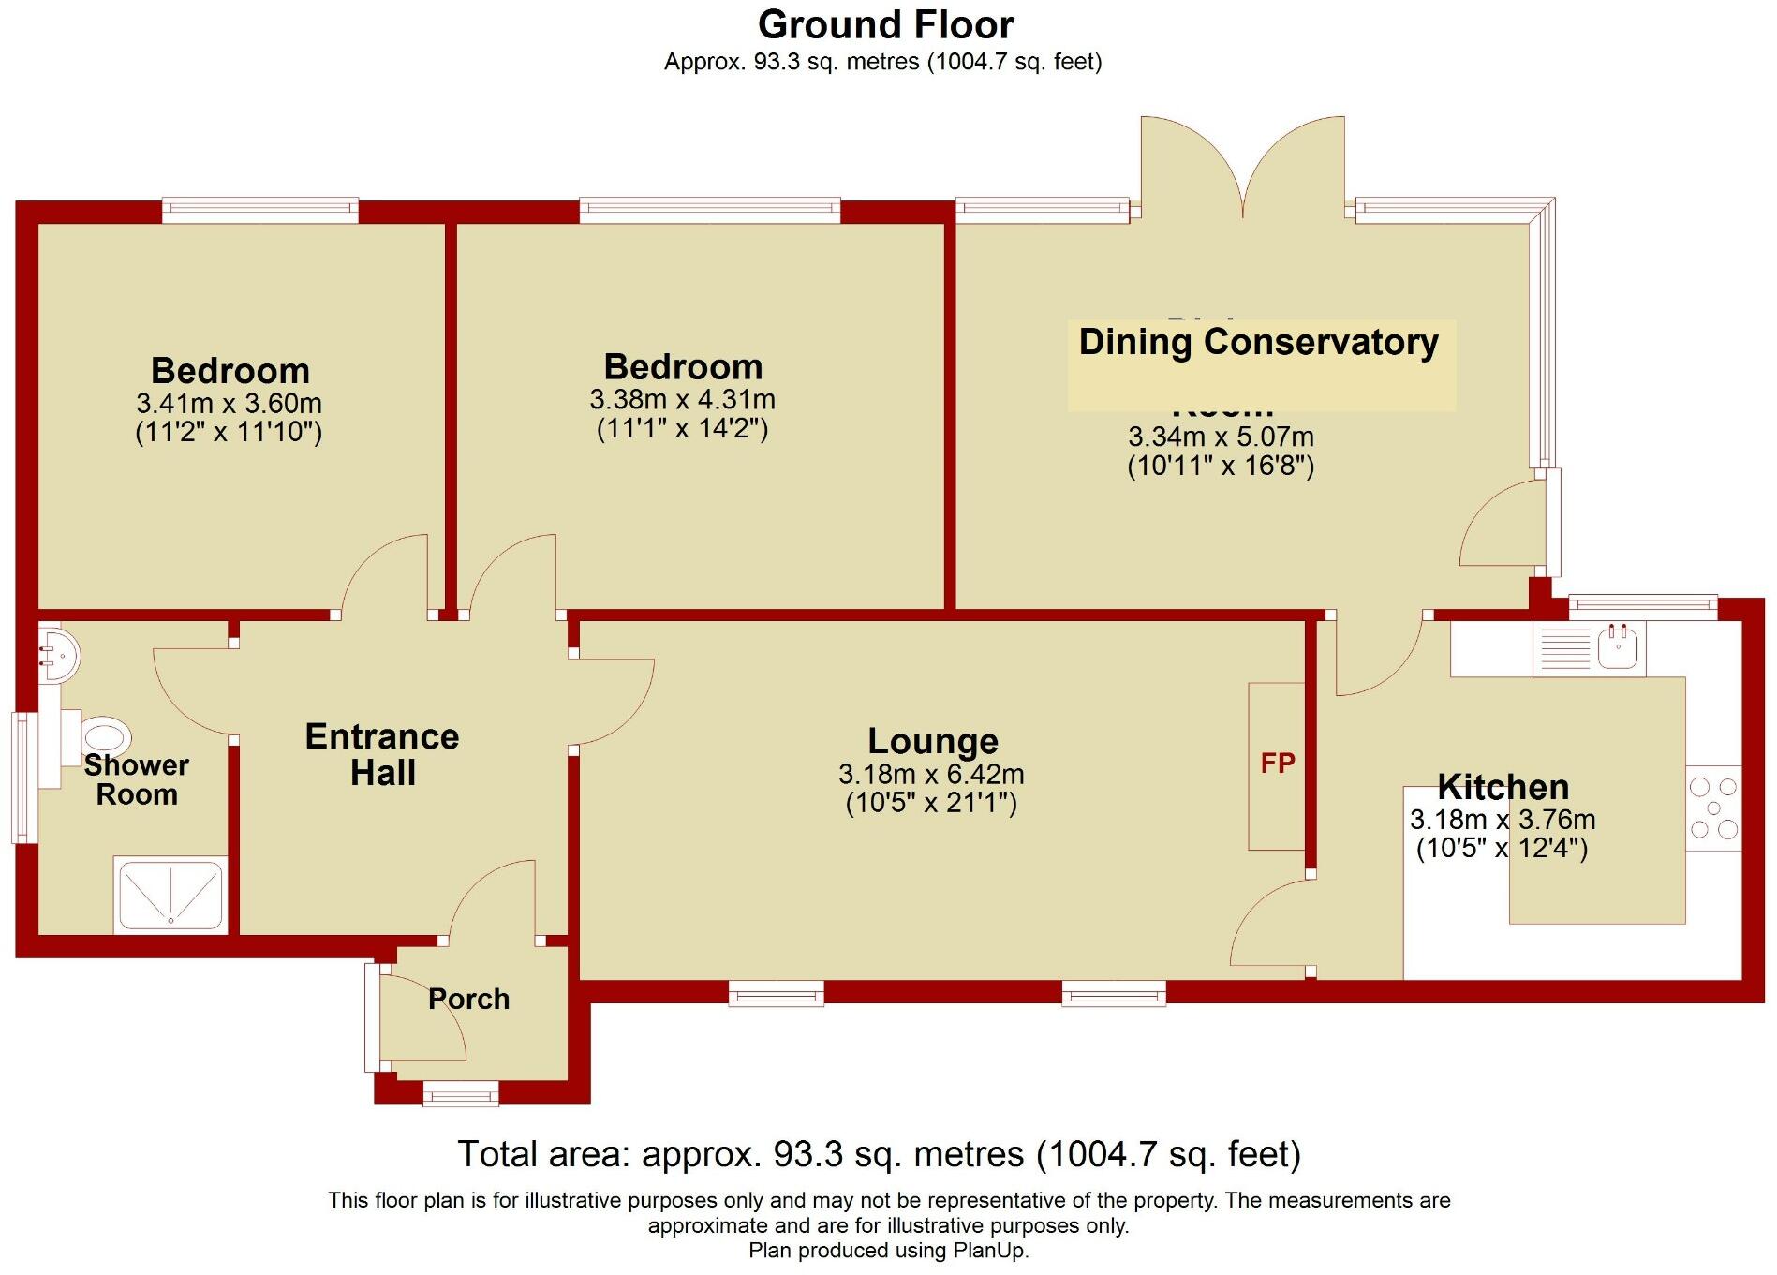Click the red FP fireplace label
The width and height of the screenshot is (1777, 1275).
coord(1277,764)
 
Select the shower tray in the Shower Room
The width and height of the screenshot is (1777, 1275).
coord(170,895)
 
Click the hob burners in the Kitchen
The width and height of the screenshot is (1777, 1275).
coord(1713,808)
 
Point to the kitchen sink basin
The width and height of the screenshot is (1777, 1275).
coord(1617,646)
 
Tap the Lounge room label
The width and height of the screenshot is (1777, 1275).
coord(932,741)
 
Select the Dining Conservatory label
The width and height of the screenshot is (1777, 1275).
coord(1258,342)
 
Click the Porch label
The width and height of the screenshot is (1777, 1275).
coord(468,999)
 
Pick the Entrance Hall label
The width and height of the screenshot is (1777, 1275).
coord(382,755)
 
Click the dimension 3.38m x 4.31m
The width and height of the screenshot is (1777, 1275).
coord(682,400)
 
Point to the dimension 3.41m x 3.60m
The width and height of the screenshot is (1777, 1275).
coord(229,404)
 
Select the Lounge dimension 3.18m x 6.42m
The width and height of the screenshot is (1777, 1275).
coord(931,775)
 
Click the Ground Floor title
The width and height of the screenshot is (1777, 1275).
coord(885,25)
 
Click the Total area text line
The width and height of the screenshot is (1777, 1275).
coord(879,1154)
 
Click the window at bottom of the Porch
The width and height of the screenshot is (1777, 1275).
coord(460,1092)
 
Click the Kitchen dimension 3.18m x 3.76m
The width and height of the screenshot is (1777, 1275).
coord(1502,820)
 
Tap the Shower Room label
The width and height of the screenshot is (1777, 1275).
coord(137,779)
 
